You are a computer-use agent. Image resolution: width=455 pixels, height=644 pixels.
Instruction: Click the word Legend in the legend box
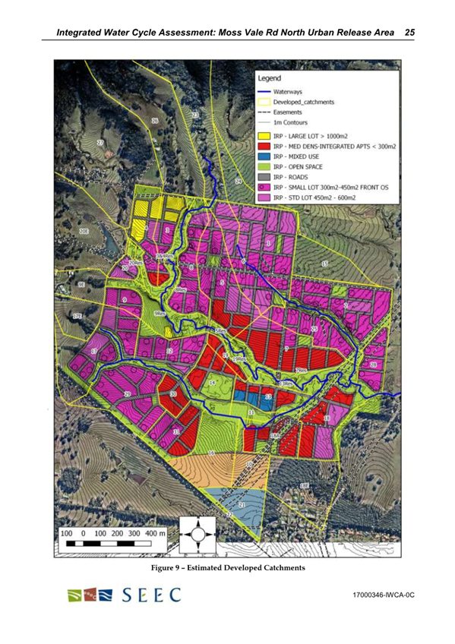pos(270,77)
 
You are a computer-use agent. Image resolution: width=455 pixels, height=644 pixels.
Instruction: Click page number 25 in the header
pos(409,33)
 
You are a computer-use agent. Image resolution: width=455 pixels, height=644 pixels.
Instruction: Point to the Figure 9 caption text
pos(227,567)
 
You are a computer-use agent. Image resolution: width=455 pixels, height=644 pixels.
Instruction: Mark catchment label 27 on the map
pos(100,143)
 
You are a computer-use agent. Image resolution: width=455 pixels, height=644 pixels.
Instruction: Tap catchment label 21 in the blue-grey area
pos(242,504)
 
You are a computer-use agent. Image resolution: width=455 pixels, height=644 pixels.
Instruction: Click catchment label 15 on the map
pos(325,264)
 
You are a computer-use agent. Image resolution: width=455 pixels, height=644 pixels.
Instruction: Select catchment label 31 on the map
pos(177,431)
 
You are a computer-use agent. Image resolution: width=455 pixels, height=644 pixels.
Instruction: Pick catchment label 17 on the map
pos(94,352)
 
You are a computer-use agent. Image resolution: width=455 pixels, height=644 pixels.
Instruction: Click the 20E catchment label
pos(85,231)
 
